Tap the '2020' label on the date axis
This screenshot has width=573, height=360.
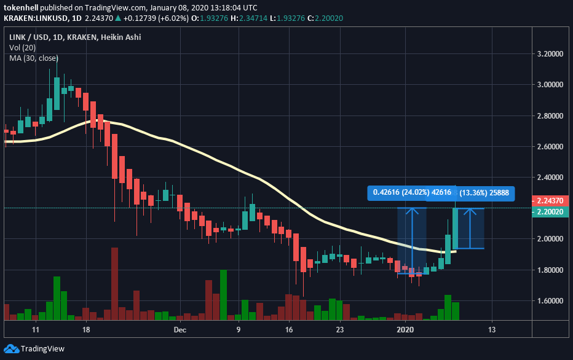(x=405, y=330)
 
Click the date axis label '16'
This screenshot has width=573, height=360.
(x=289, y=330)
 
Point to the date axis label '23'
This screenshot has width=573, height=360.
(x=339, y=330)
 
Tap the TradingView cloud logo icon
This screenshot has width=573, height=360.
(x=11, y=348)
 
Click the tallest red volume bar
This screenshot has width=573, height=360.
(x=114, y=284)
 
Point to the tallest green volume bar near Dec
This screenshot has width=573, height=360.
(x=223, y=295)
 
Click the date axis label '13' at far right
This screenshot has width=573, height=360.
(x=491, y=330)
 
